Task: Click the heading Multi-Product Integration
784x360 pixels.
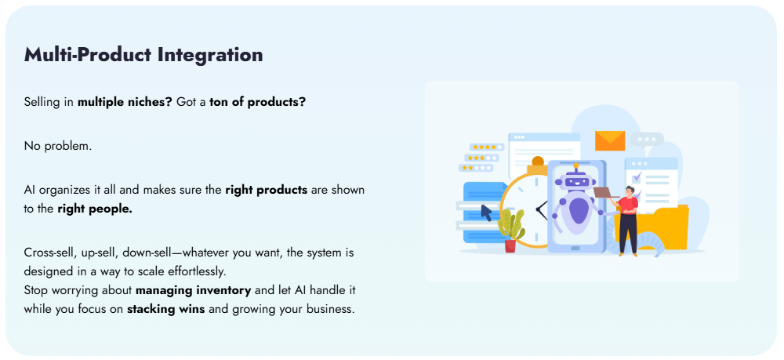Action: (x=143, y=55)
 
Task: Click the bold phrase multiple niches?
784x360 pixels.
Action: (x=125, y=103)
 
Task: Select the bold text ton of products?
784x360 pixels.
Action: (x=257, y=103)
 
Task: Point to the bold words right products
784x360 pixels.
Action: (x=266, y=190)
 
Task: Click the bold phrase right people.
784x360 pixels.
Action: (x=95, y=209)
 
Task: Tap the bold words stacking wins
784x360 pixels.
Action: (x=165, y=309)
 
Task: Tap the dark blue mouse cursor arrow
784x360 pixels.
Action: (x=486, y=212)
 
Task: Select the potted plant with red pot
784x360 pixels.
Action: (x=511, y=231)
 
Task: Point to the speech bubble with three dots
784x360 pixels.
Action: (x=648, y=140)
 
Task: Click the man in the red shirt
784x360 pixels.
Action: (x=628, y=220)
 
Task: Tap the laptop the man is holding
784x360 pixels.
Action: (x=605, y=192)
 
